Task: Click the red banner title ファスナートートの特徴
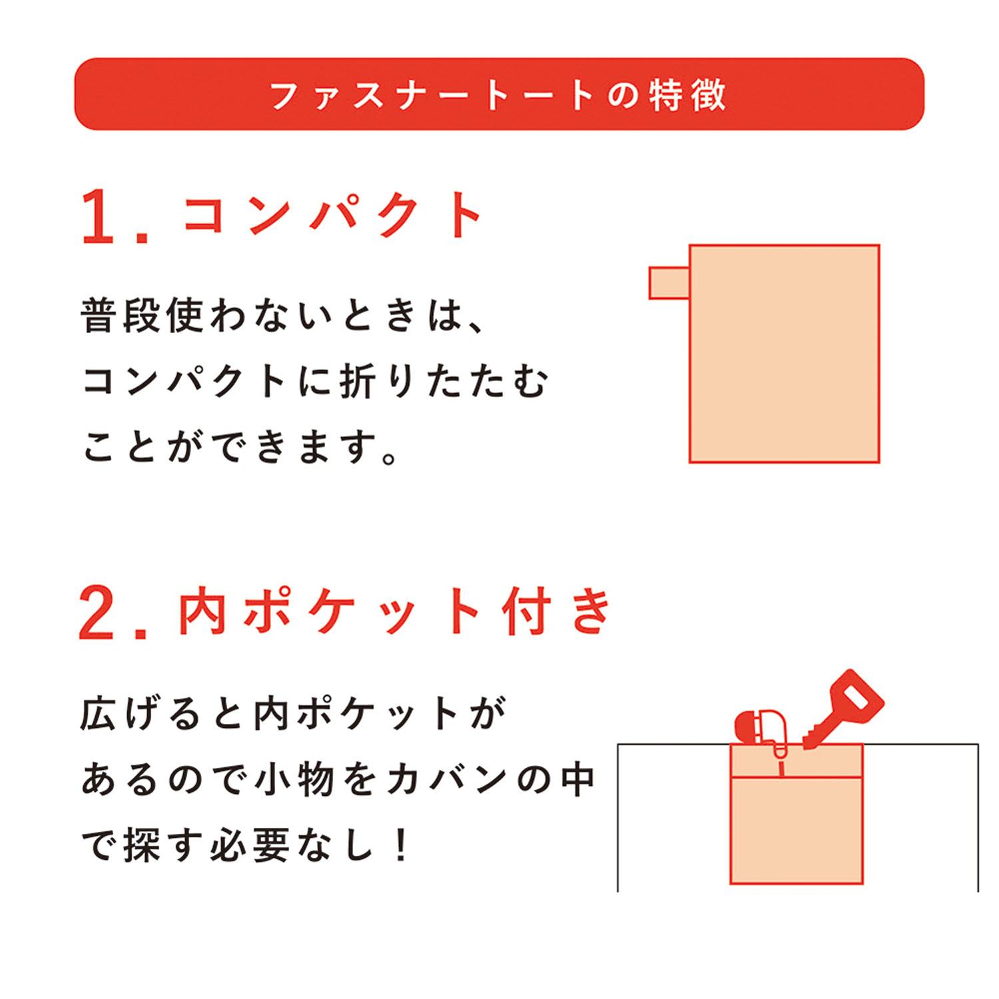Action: point(498,95)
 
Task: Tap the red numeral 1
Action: point(98,216)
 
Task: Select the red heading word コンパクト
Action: point(332,215)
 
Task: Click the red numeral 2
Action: point(96,613)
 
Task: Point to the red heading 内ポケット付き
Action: point(394,610)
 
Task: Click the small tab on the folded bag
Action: point(669,283)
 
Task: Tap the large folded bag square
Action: point(785,354)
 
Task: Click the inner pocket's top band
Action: point(797,761)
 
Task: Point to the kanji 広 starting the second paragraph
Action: point(99,714)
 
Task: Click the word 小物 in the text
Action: point(294,779)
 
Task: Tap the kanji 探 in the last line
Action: point(142,846)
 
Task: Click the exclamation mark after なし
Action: point(401,846)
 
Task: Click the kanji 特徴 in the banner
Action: point(688,95)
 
